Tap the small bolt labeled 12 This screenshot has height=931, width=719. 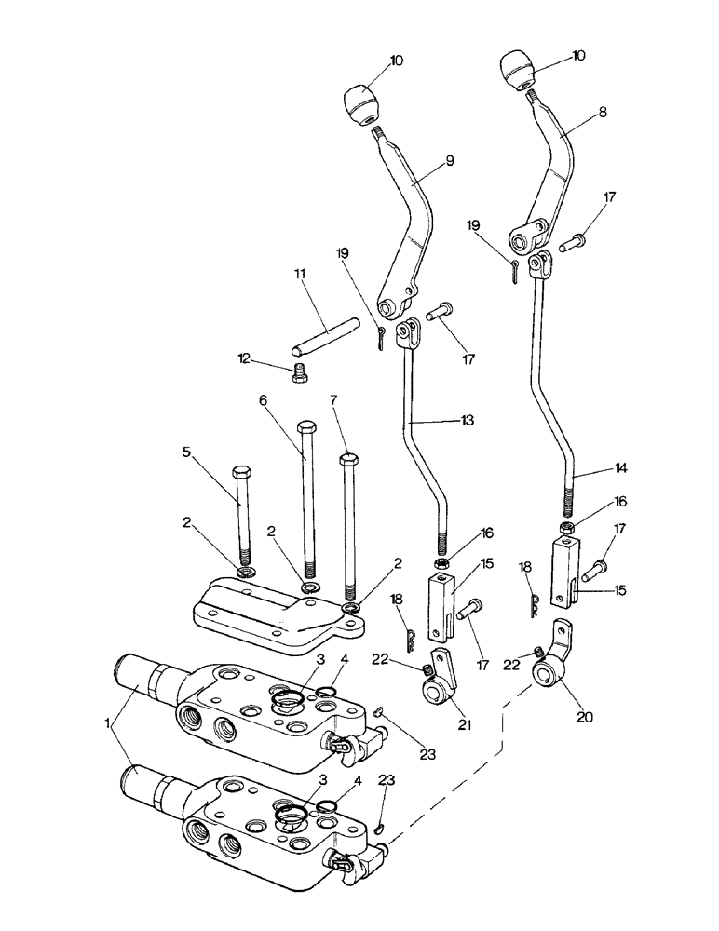click(300, 372)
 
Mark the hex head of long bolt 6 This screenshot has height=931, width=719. click(307, 429)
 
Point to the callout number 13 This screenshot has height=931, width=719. click(467, 420)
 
